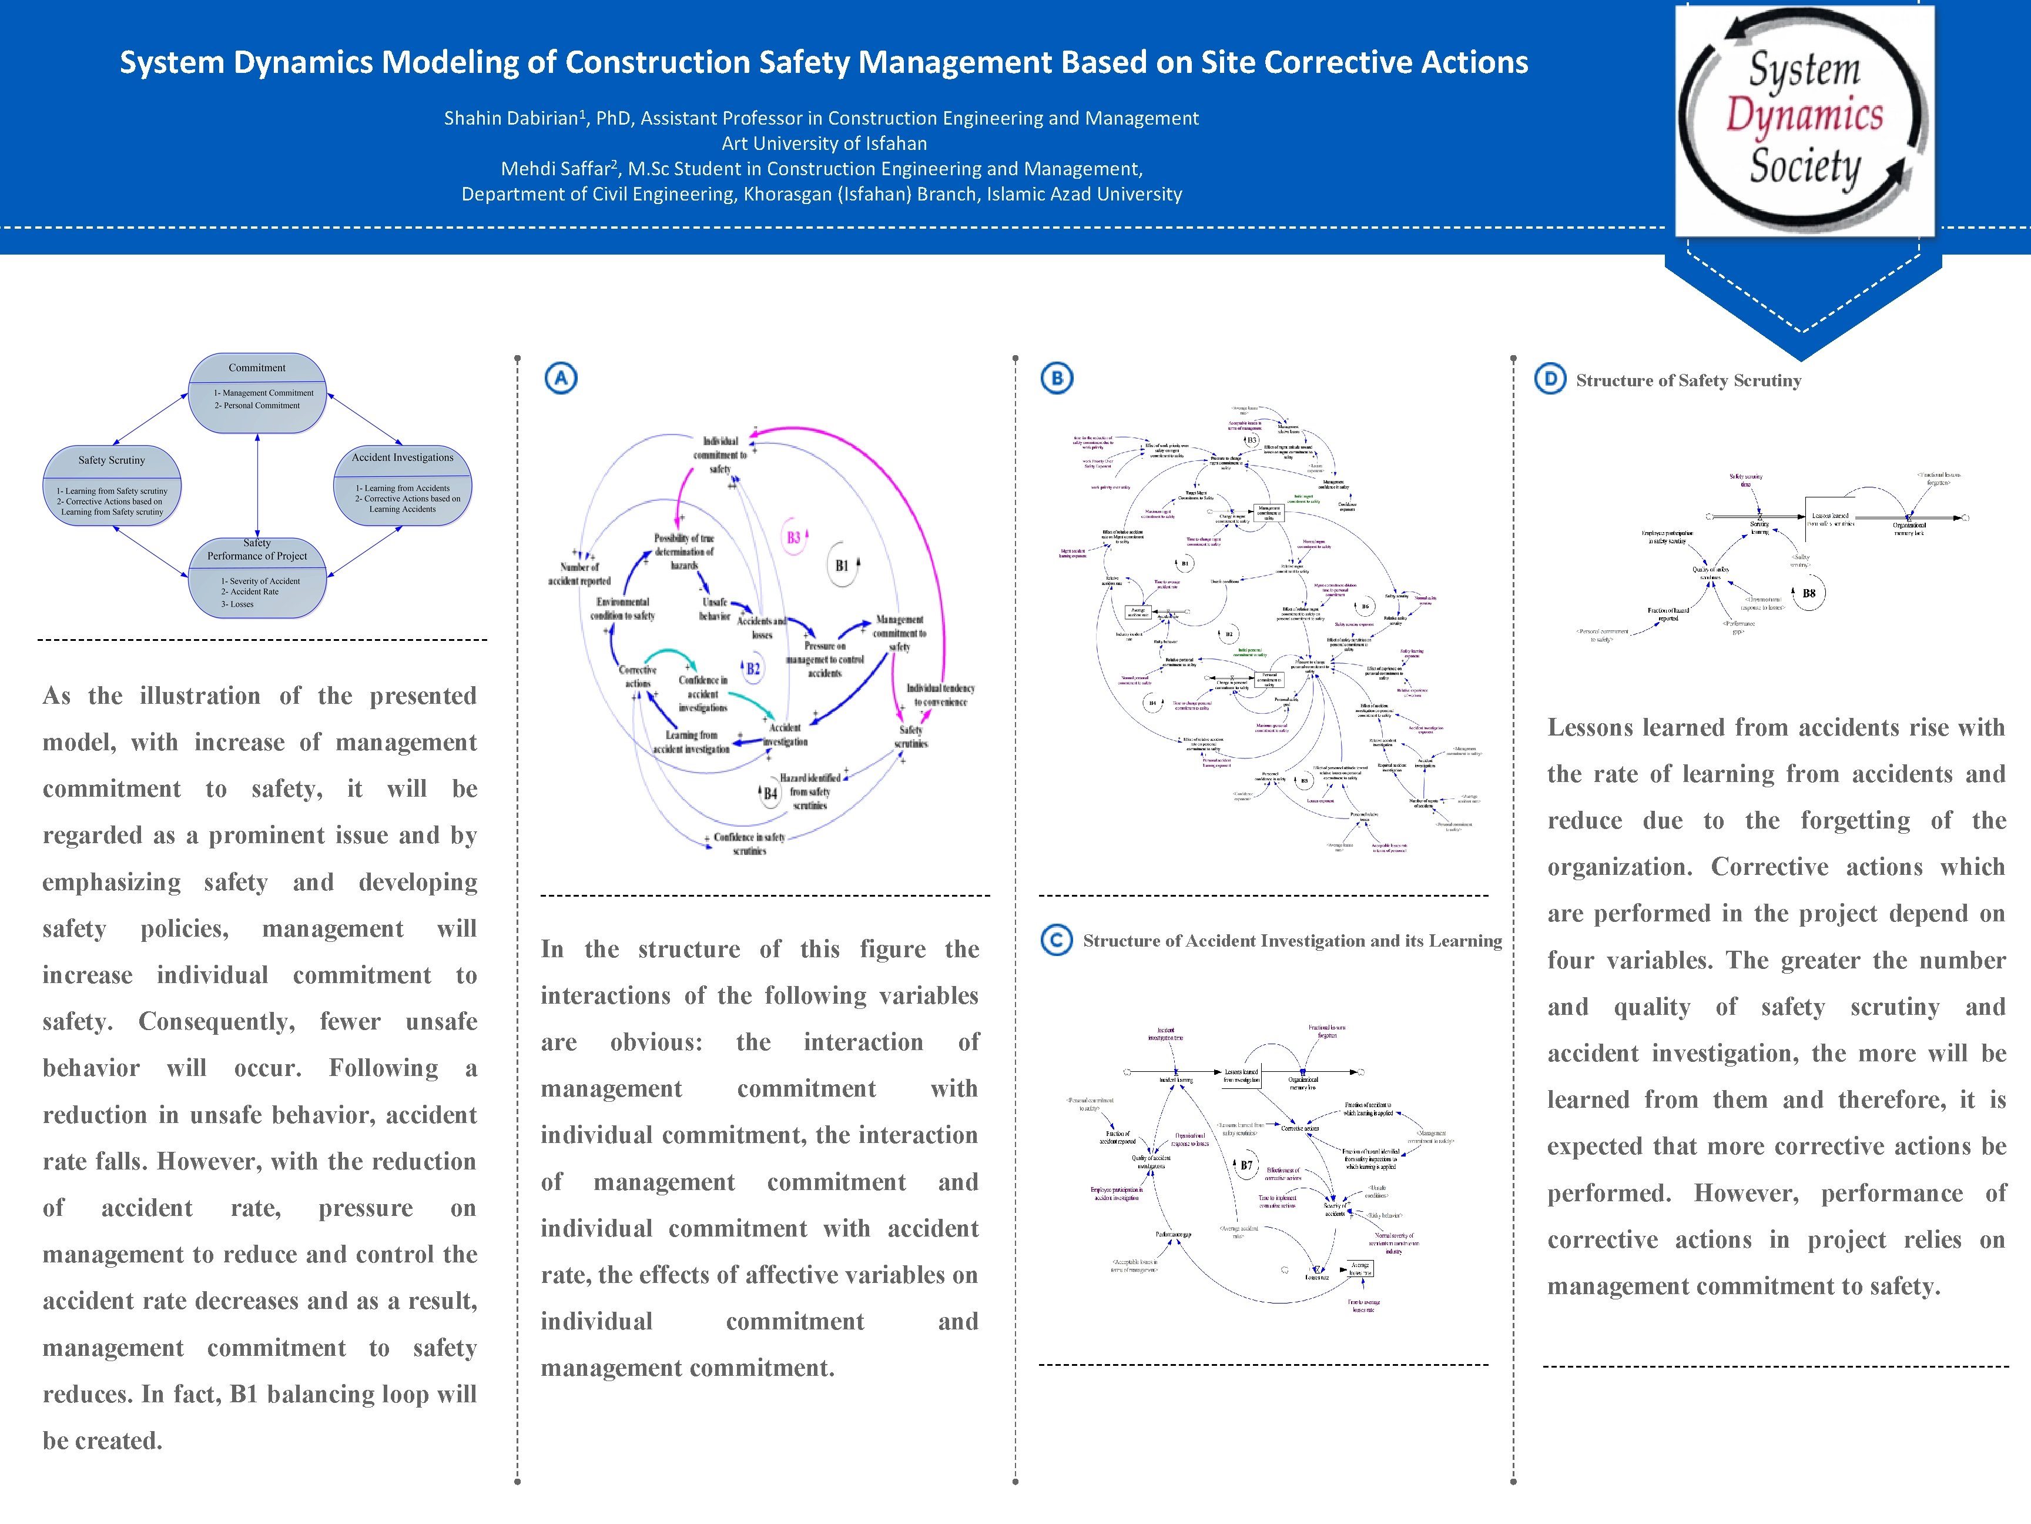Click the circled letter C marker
[x=1057, y=940]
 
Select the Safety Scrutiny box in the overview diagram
[x=112, y=487]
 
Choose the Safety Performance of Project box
[x=257, y=577]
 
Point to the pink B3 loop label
[x=794, y=537]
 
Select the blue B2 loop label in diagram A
[x=753, y=669]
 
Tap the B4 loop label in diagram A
[x=770, y=793]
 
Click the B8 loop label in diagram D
[x=1808, y=593]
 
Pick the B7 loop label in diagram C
[x=1246, y=1165]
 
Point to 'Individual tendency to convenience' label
[x=940, y=694]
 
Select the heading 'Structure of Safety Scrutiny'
[x=1688, y=380]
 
